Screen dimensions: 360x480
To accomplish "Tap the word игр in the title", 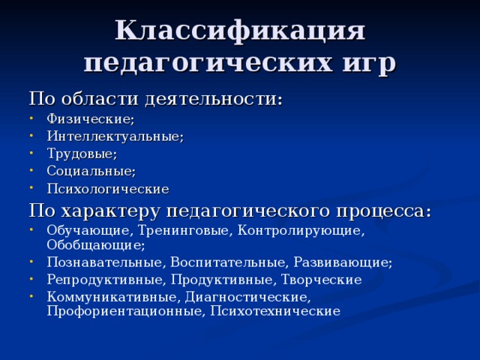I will [x=367, y=61].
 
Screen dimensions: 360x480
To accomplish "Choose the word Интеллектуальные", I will [x=115, y=136].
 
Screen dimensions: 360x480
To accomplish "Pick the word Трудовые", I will [x=81, y=154].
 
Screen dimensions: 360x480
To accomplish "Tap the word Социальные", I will [x=91, y=171].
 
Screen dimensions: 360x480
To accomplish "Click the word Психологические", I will [x=107, y=188].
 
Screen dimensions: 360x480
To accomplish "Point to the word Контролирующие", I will [x=301, y=230].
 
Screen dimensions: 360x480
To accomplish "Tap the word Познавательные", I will [x=104, y=262].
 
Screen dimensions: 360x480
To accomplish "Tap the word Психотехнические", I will [x=275, y=310].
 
